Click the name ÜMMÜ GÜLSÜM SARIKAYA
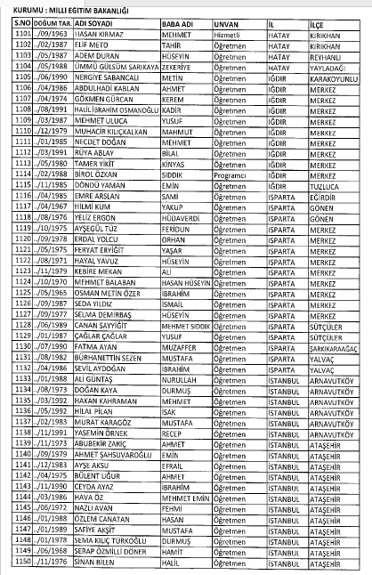coord(110,65)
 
